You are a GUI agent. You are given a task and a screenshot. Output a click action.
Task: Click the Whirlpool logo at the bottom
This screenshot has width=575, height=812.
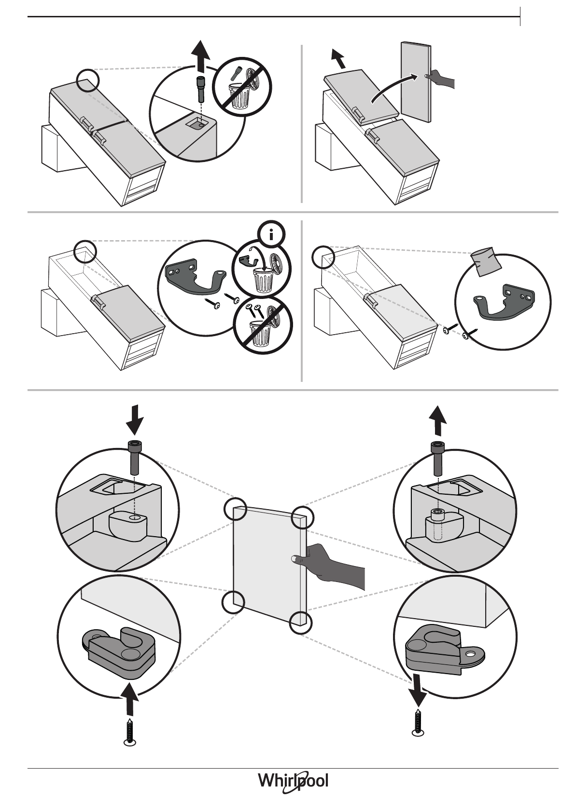[293, 782]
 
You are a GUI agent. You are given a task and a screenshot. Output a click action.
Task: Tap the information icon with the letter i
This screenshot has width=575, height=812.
[271, 235]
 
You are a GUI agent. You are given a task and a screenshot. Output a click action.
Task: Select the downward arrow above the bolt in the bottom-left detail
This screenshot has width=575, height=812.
[134, 420]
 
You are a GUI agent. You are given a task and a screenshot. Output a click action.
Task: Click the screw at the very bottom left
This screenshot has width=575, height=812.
[130, 732]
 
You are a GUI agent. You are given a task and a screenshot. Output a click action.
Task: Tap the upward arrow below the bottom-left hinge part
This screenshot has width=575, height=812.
[129, 699]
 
